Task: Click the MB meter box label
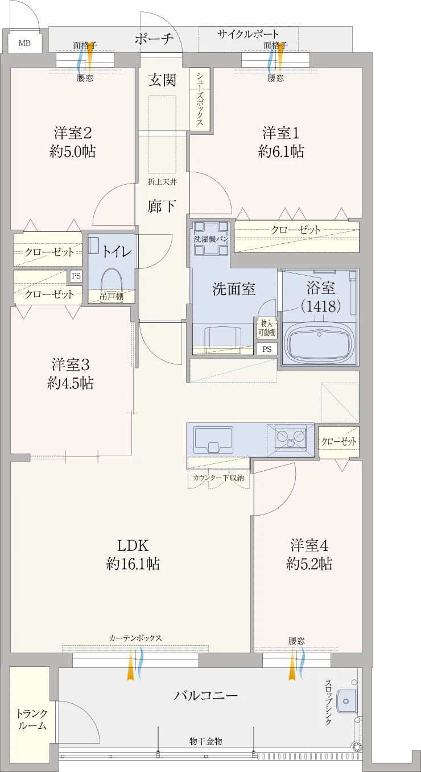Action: click(x=24, y=43)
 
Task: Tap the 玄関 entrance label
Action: click(x=162, y=80)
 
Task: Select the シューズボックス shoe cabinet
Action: click(x=200, y=99)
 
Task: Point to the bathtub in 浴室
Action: click(x=319, y=342)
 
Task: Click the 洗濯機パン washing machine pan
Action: click(x=210, y=239)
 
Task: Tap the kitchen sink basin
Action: click(x=213, y=440)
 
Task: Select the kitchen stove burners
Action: click(x=291, y=437)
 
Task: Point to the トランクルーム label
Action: click(x=32, y=720)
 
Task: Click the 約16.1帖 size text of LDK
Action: click(x=133, y=564)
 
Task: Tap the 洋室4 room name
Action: click(x=309, y=546)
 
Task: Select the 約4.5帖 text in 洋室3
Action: click(x=70, y=383)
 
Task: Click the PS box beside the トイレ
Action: click(x=76, y=276)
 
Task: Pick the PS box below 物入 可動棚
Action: click(x=267, y=349)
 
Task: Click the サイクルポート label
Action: click(x=248, y=34)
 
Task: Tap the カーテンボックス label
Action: click(x=135, y=638)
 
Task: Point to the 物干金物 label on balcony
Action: click(x=206, y=741)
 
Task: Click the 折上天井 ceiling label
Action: click(x=162, y=181)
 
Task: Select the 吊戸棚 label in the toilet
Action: click(x=111, y=296)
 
